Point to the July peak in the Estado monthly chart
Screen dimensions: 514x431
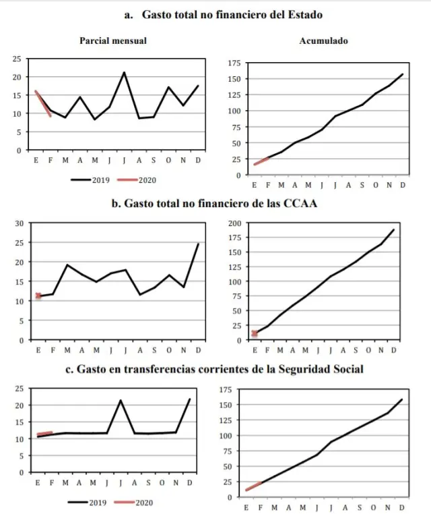[x=124, y=73]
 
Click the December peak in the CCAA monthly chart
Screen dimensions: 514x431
[x=198, y=244]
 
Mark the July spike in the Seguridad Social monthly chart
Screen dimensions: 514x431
[x=121, y=401]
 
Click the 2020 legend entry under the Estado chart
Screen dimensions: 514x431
[x=137, y=180]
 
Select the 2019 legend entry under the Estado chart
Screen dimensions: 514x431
[x=90, y=180]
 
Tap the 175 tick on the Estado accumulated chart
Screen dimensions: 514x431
[x=234, y=63]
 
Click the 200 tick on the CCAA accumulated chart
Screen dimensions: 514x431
[x=234, y=223]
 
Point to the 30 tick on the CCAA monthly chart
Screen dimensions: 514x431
[x=18, y=223]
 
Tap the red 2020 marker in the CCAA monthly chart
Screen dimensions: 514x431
[x=38, y=295]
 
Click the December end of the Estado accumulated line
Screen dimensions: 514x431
[x=402, y=74]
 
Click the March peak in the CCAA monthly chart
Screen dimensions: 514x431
[x=67, y=265]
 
